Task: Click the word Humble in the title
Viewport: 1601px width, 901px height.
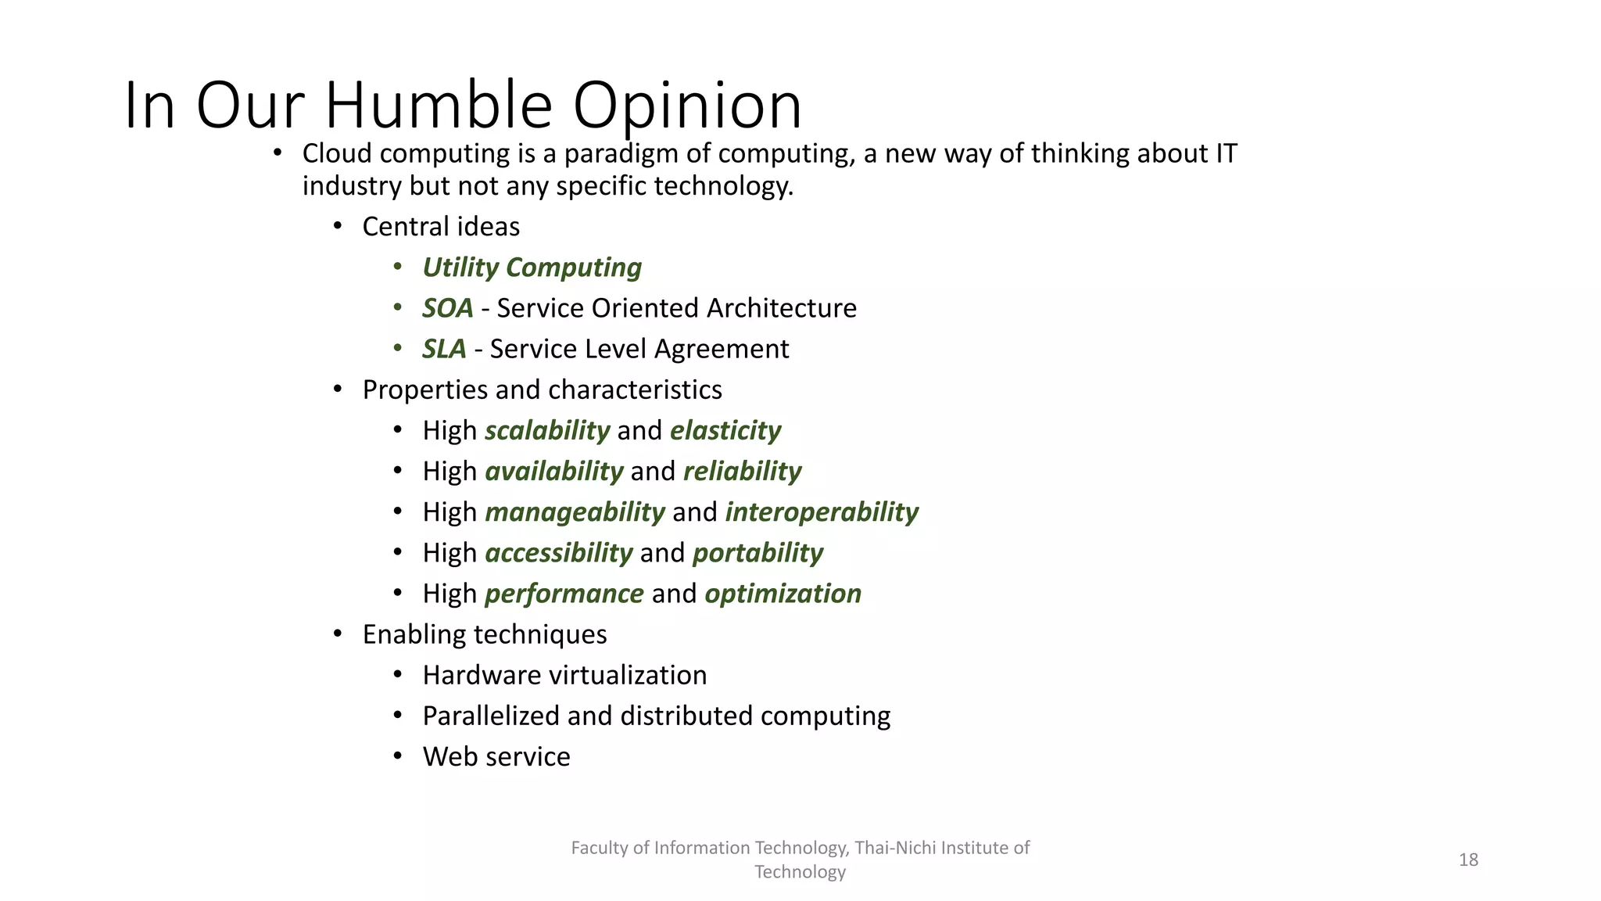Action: point(439,105)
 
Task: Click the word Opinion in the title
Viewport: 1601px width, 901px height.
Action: point(687,105)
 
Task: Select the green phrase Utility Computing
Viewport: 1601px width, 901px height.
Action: point(532,267)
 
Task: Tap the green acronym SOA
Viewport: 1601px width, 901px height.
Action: point(448,308)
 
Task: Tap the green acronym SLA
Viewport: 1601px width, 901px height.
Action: point(444,349)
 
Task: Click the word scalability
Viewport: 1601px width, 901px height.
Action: point(547,430)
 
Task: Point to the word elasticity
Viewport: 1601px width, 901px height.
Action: point(725,430)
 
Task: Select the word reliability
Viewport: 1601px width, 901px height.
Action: point(742,471)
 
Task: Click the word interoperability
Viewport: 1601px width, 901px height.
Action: point(822,512)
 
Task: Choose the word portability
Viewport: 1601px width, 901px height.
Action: point(758,553)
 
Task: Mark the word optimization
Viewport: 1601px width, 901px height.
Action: point(783,594)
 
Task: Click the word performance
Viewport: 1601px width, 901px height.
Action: point(564,594)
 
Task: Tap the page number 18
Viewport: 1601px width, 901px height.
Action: point(1468,860)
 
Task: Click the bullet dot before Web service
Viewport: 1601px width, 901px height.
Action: point(398,756)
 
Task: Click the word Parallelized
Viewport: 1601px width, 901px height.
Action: point(491,716)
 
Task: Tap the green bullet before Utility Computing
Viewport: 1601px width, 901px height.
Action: point(398,267)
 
